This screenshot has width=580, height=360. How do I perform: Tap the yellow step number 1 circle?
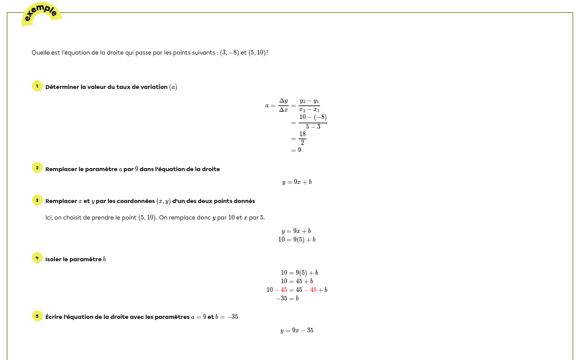tap(37, 86)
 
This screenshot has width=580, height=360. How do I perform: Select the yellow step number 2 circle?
tap(37, 168)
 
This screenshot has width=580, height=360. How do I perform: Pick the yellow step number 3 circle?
tap(37, 200)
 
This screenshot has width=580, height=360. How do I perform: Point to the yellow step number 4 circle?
tap(37, 258)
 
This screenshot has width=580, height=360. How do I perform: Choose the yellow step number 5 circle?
tap(37, 316)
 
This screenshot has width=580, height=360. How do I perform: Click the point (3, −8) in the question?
tap(229, 53)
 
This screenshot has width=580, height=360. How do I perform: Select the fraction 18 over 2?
tap(302, 139)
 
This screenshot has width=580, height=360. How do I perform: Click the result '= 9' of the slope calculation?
tap(296, 150)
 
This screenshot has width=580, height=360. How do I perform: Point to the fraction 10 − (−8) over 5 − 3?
tap(313, 121)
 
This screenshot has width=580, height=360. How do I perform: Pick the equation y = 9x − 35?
tap(297, 331)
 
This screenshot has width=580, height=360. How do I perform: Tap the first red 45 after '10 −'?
tap(284, 290)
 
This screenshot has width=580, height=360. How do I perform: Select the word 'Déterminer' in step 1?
tap(60, 87)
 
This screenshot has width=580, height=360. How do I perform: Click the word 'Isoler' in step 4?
tap(53, 259)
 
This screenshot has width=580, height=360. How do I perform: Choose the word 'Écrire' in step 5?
tap(54, 317)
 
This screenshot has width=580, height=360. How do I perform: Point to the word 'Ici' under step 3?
tap(48, 217)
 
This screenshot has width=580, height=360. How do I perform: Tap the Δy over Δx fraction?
tap(283, 105)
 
